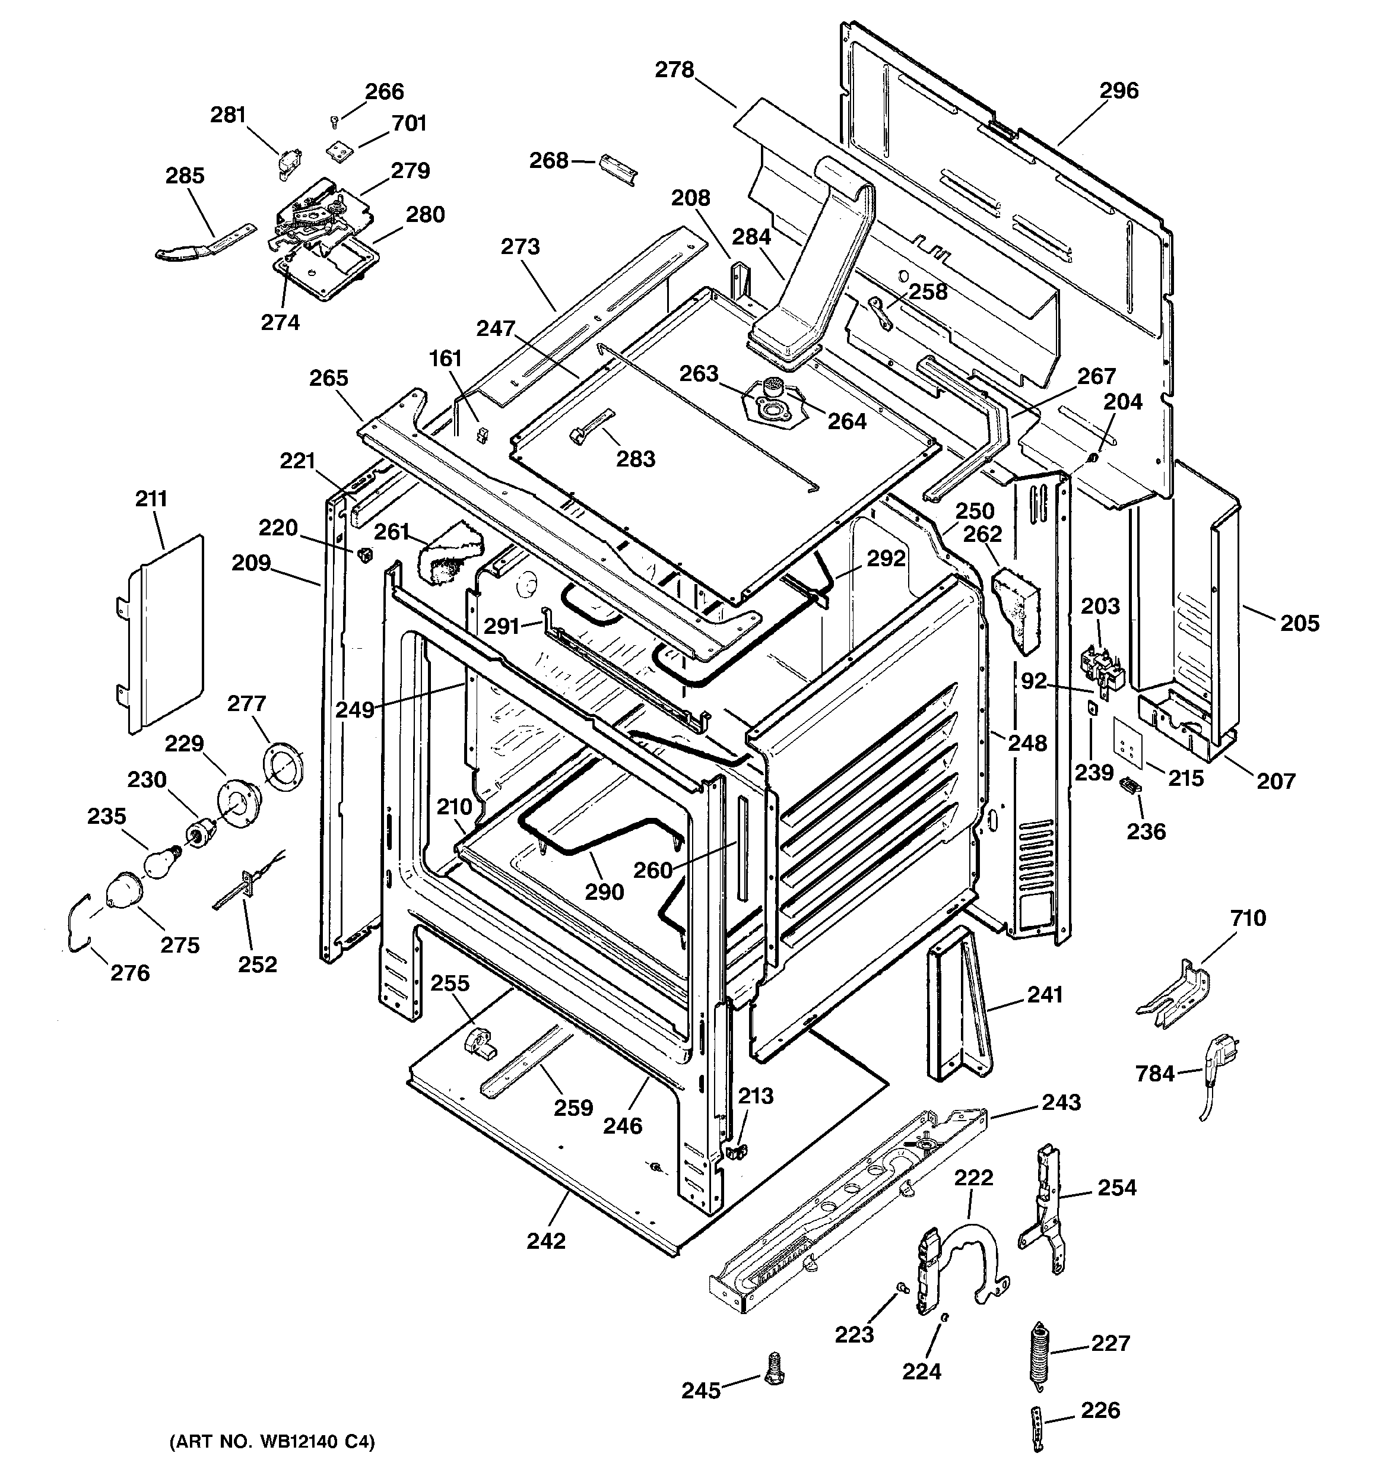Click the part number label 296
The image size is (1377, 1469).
[1118, 91]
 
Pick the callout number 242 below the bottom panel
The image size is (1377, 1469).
[546, 1240]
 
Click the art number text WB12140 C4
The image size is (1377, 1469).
[271, 1442]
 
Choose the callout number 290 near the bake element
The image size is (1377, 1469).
[605, 892]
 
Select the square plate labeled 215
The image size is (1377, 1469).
[1128, 753]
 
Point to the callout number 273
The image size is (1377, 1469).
[521, 247]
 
